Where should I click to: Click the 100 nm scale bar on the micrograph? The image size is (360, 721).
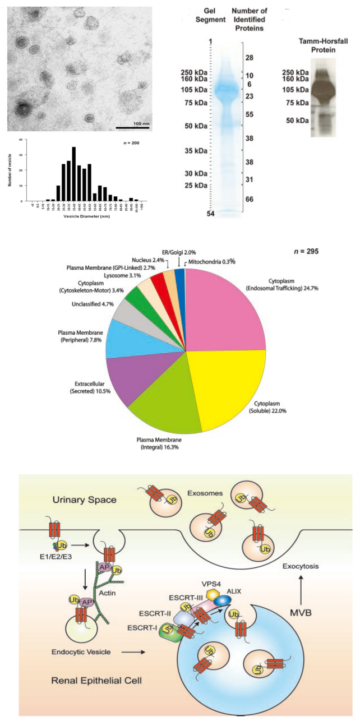[x=132, y=127]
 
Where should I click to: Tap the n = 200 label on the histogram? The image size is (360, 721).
[x=131, y=144]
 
